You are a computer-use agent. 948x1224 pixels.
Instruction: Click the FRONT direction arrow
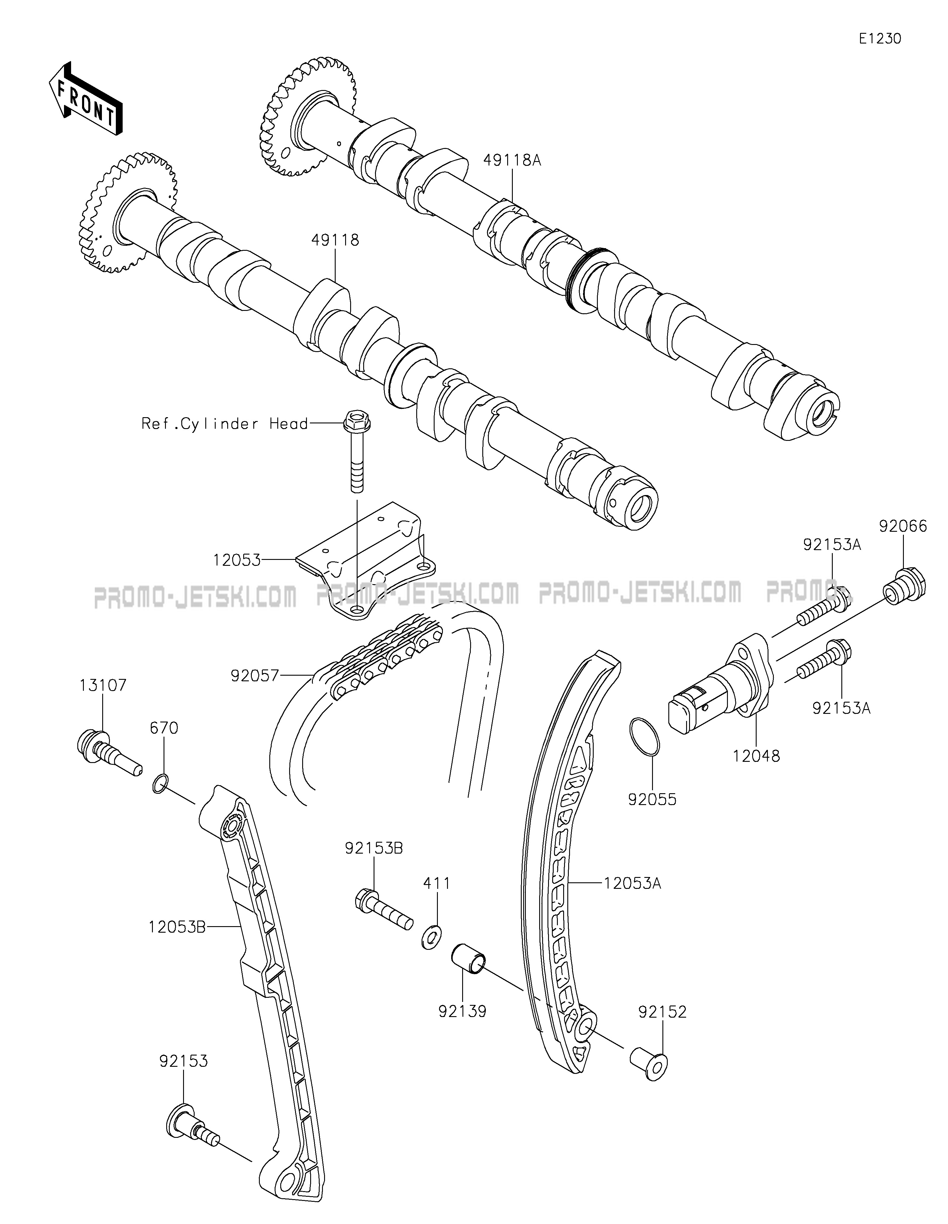(x=85, y=98)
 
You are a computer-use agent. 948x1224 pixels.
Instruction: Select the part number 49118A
(x=512, y=161)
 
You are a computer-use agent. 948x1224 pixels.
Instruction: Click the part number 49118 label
(x=335, y=240)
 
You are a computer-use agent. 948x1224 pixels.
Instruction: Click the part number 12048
(x=756, y=756)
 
